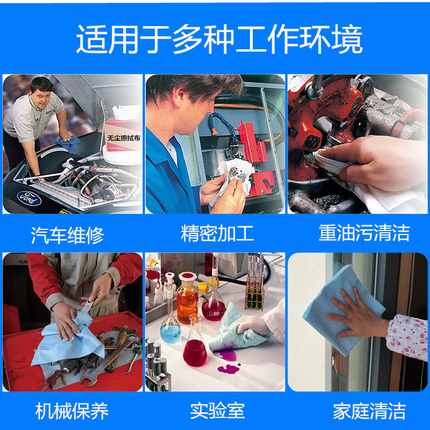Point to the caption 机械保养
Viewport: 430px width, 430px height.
(x=72, y=411)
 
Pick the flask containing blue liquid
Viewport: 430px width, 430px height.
(x=171, y=330)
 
